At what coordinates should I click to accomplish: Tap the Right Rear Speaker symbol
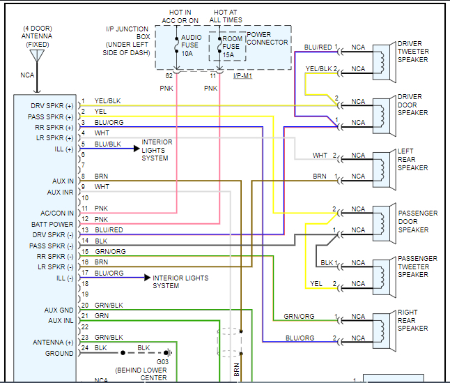pos(382,327)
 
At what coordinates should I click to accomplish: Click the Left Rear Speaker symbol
pos(382,166)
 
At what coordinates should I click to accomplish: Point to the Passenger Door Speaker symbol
pos(382,220)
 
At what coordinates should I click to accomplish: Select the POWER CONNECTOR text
pos(268,38)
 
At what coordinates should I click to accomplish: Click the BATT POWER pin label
pos(52,225)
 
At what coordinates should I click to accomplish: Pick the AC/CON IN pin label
pos(57,213)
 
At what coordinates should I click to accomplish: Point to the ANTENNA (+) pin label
pos(53,343)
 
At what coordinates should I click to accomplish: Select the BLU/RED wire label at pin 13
pos(109,230)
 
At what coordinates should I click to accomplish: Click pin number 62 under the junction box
pos(169,75)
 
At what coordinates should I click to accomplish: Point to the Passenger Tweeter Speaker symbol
pos(382,273)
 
